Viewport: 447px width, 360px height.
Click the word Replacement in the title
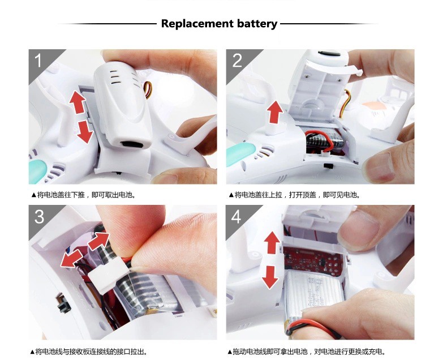click(197, 23)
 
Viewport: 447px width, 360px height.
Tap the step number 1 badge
click(38, 61)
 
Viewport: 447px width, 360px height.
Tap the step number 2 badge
click(237, 61)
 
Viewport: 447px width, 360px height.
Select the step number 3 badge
click(39, 217)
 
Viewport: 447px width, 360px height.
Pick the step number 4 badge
click(236, 217)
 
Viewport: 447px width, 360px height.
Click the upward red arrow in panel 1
click(78, 102)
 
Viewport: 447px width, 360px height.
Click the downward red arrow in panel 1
click(85, 132)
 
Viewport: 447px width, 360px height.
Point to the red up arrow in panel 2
click(274, 112)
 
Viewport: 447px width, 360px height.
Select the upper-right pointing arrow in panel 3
click(98, 241)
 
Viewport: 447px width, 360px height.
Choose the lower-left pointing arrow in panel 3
click(71, 259)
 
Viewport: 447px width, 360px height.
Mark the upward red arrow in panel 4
click(272, 243)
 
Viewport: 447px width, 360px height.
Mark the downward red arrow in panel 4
click(270, 277)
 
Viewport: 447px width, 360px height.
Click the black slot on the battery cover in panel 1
click(131, 144)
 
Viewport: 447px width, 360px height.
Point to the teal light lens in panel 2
click(240, 153)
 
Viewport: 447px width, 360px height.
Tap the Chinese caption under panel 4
click(307, 352)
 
